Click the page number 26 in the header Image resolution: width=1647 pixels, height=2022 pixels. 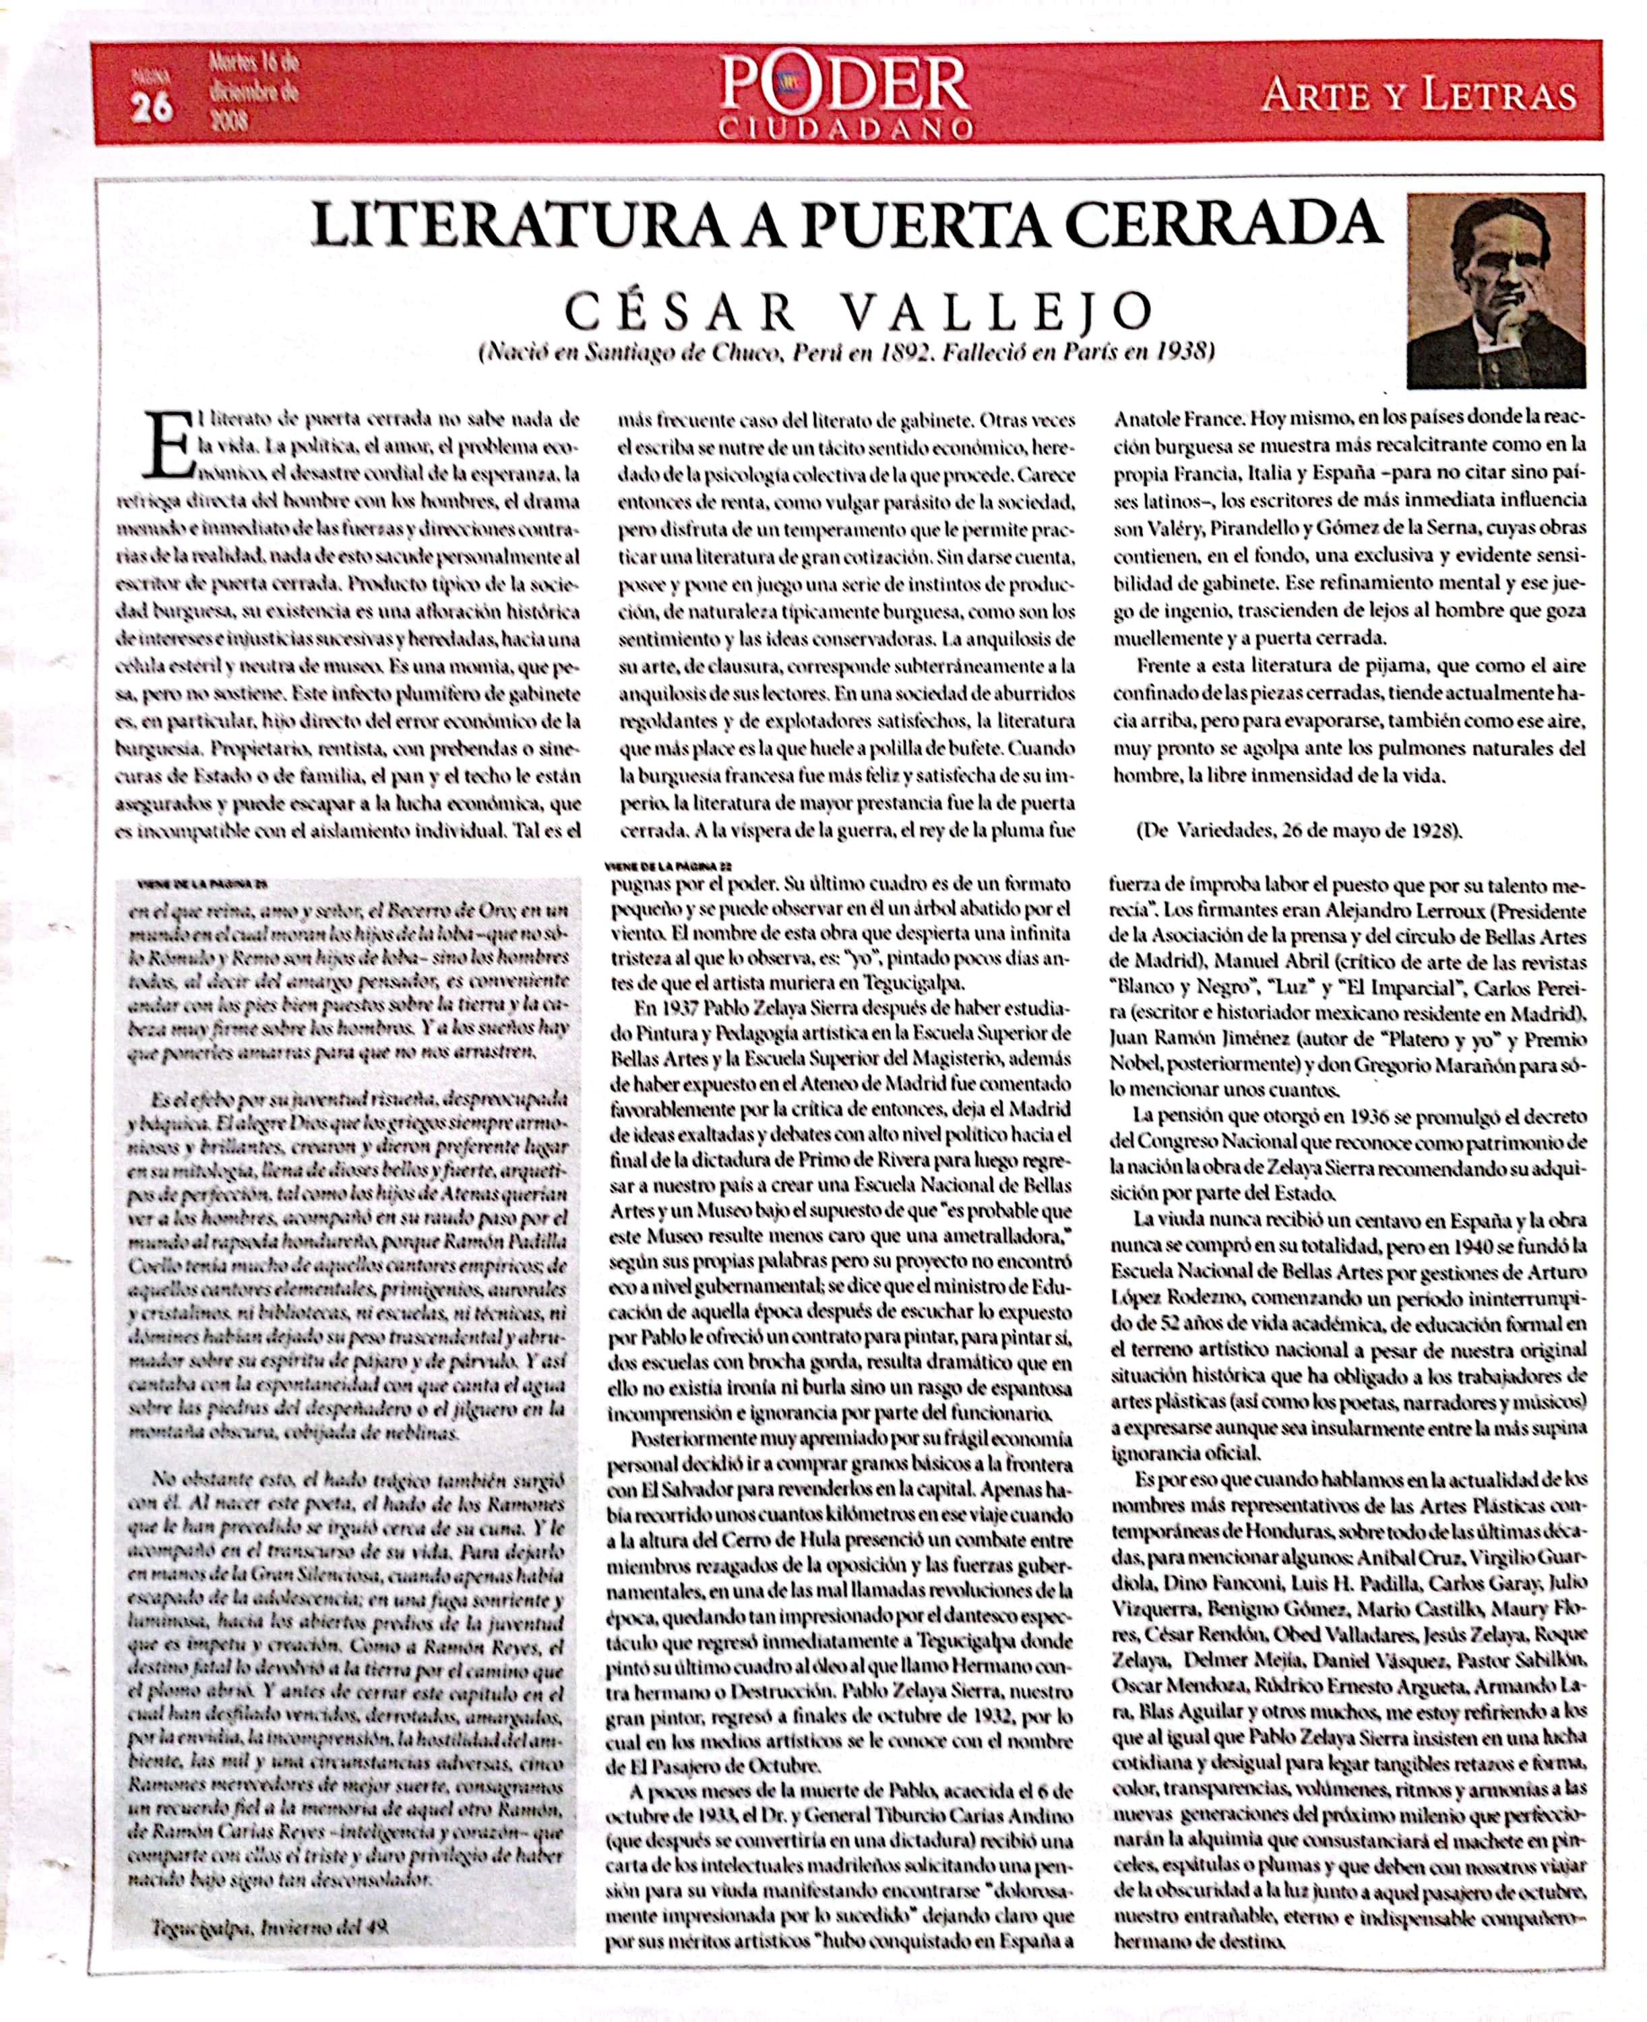click(151, 108)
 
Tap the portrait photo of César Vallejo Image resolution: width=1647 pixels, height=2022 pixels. click(1495, 290)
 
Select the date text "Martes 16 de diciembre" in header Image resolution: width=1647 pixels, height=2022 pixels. click(252, 79)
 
